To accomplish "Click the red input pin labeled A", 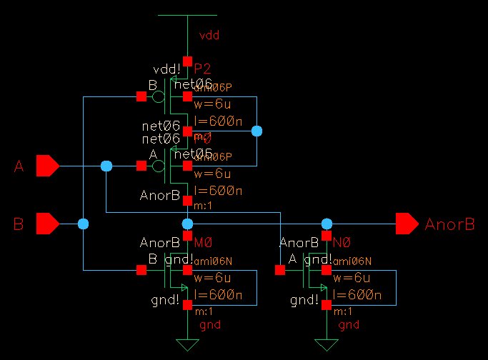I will (x=48, y=166).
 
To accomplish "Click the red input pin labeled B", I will (x=48, y=224).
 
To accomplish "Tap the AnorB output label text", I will (x=449, y=224).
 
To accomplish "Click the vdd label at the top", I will (x=209, y=34).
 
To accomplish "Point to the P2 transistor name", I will (x=204, y=69).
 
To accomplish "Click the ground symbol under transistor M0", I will (x=187, y=346).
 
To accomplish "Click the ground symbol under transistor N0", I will (x=327, y=346).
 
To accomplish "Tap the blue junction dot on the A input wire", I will (x=106, y=166).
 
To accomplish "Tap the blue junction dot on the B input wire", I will (x=84, y=224).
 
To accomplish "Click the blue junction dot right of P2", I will (x=257, y=131).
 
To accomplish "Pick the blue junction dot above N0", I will (x=327, y=224).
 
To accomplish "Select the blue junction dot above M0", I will (x=187, y=224).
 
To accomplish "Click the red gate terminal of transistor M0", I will (x=141, y=269).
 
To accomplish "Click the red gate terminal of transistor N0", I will (x=280, y=269).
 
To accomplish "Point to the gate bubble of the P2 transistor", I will (x=159, y=96).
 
